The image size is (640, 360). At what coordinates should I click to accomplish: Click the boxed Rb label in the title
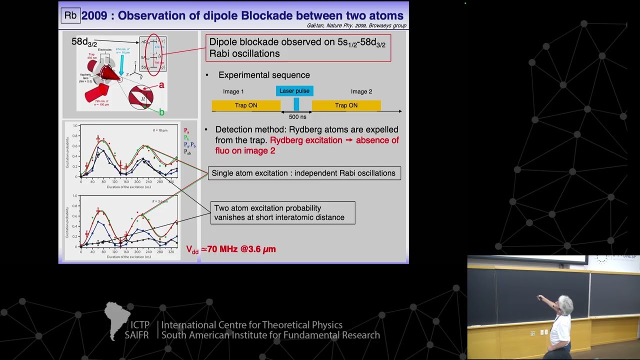pyautogui.click(x=70, y=15)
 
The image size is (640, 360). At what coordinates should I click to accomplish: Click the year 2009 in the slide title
pyautogui.click(x=94, y=16)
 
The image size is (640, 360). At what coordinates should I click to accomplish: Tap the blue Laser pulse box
pyautogui.click(x=294, y=91)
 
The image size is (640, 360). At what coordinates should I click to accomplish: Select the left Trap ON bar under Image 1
pyautogui.click(x=246, y=105)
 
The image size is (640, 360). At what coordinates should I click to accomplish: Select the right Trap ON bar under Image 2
pyautogui.click(x=346, y=105)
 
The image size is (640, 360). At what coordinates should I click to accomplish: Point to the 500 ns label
pyautogui.click(x=297, y=117)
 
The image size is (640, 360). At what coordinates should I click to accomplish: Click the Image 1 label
pyautogui.click(x=233, y=91)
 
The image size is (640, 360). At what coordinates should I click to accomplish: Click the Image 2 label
pyautogui.click(x=361, y=91)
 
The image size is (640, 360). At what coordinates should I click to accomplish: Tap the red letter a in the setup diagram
pyautogui.click(x=161, y=85)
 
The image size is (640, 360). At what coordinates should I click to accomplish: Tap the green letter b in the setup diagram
pyautogui.click(x=161, y=112)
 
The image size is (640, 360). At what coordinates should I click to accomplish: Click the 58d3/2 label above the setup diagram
pyautogui.click(x=84, y=42)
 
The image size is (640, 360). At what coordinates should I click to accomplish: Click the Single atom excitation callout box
pyautogui.click(x=304, y=173)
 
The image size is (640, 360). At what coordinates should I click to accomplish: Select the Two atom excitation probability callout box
pyautogui.click(x=282, y=212)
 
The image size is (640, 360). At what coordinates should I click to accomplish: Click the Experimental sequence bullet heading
pyautogui.click(x=264, y=75)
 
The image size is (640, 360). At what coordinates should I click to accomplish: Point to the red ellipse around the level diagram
pyautogui.click(x=153, y=55)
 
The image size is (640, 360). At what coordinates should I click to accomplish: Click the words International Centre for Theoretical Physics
pyautogui.click(x=251, y=325)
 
